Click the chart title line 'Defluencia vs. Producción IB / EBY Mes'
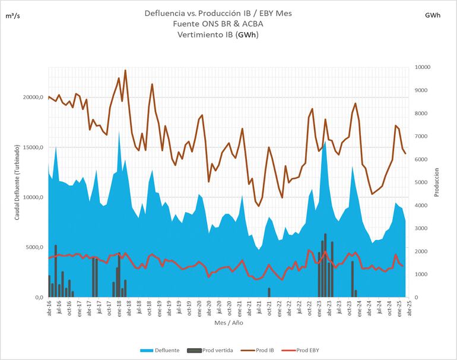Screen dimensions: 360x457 pos(218,13)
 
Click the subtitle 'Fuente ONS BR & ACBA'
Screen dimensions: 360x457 pos(218,24)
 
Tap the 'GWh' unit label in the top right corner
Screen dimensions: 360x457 pos(433,16)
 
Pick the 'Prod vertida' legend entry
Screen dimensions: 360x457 pos(217,350)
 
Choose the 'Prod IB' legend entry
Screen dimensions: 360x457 pos(269,350)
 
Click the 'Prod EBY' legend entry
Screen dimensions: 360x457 pos(314,350)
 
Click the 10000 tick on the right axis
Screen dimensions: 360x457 pos(423,67)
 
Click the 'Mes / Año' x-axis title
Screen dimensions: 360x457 pos(228,324)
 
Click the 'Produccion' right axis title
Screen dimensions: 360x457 pos(436,181)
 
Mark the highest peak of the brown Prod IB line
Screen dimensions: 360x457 pos(125,70)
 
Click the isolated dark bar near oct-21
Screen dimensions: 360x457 pos(269,292)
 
